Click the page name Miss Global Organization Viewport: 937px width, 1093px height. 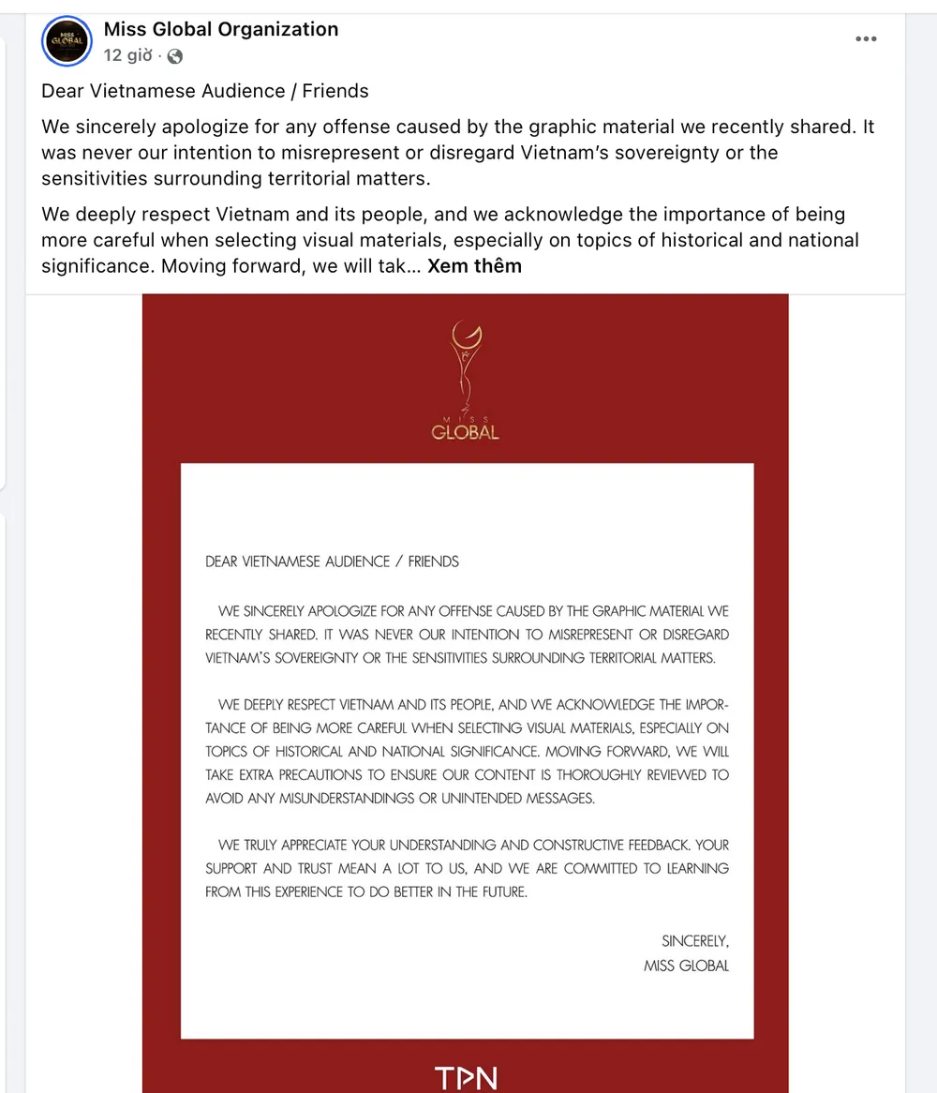[221, 29]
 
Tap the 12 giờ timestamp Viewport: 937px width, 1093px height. [127, 56]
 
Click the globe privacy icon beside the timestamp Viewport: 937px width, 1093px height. [174, 57]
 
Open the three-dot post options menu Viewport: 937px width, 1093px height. [866, 38]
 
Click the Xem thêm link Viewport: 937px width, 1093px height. [474, 266]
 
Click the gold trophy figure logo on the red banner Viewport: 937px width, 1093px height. [465, 361]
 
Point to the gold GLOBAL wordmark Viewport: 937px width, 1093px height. [465, 432]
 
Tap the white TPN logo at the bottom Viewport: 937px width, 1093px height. [466, 1077]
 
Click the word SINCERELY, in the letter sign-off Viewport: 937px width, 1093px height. [694, 941]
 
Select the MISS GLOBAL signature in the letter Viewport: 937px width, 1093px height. [686, 966]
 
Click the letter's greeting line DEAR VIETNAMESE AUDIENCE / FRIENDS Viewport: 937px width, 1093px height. [332, 561]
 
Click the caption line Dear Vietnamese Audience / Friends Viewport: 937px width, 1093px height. [205, 91]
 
